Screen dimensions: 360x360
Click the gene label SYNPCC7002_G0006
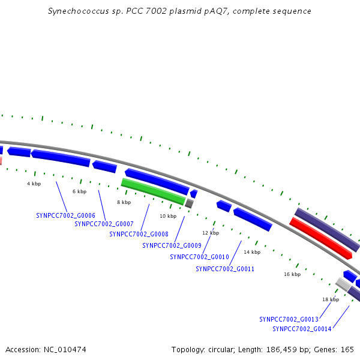tap(65, 215)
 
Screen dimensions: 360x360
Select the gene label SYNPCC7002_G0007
tap(104, 224)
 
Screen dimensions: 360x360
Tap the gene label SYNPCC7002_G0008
tap(139, 234)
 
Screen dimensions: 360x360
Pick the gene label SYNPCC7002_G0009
tap(172, 245)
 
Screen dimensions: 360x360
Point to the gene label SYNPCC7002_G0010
tap(200, 257)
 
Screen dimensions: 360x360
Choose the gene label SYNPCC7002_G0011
tap(225, 269)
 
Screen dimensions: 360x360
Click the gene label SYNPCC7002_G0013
tap(289, 319)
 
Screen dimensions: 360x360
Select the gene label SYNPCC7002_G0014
tap(302, 329)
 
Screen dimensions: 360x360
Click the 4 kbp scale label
tap(34, 184)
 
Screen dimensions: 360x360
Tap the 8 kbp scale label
tap(124, 202)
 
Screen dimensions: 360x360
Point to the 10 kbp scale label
tap(168, 216)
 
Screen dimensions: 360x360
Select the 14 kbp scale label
tap(252, 252)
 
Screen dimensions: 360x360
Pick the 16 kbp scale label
tap(292, 274)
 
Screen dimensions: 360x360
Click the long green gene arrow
tap(153, 191)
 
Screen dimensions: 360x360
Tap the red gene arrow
tap(321, 238)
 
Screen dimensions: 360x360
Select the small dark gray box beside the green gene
tap(190, 203)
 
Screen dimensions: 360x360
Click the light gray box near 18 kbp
tap(343, 284)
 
